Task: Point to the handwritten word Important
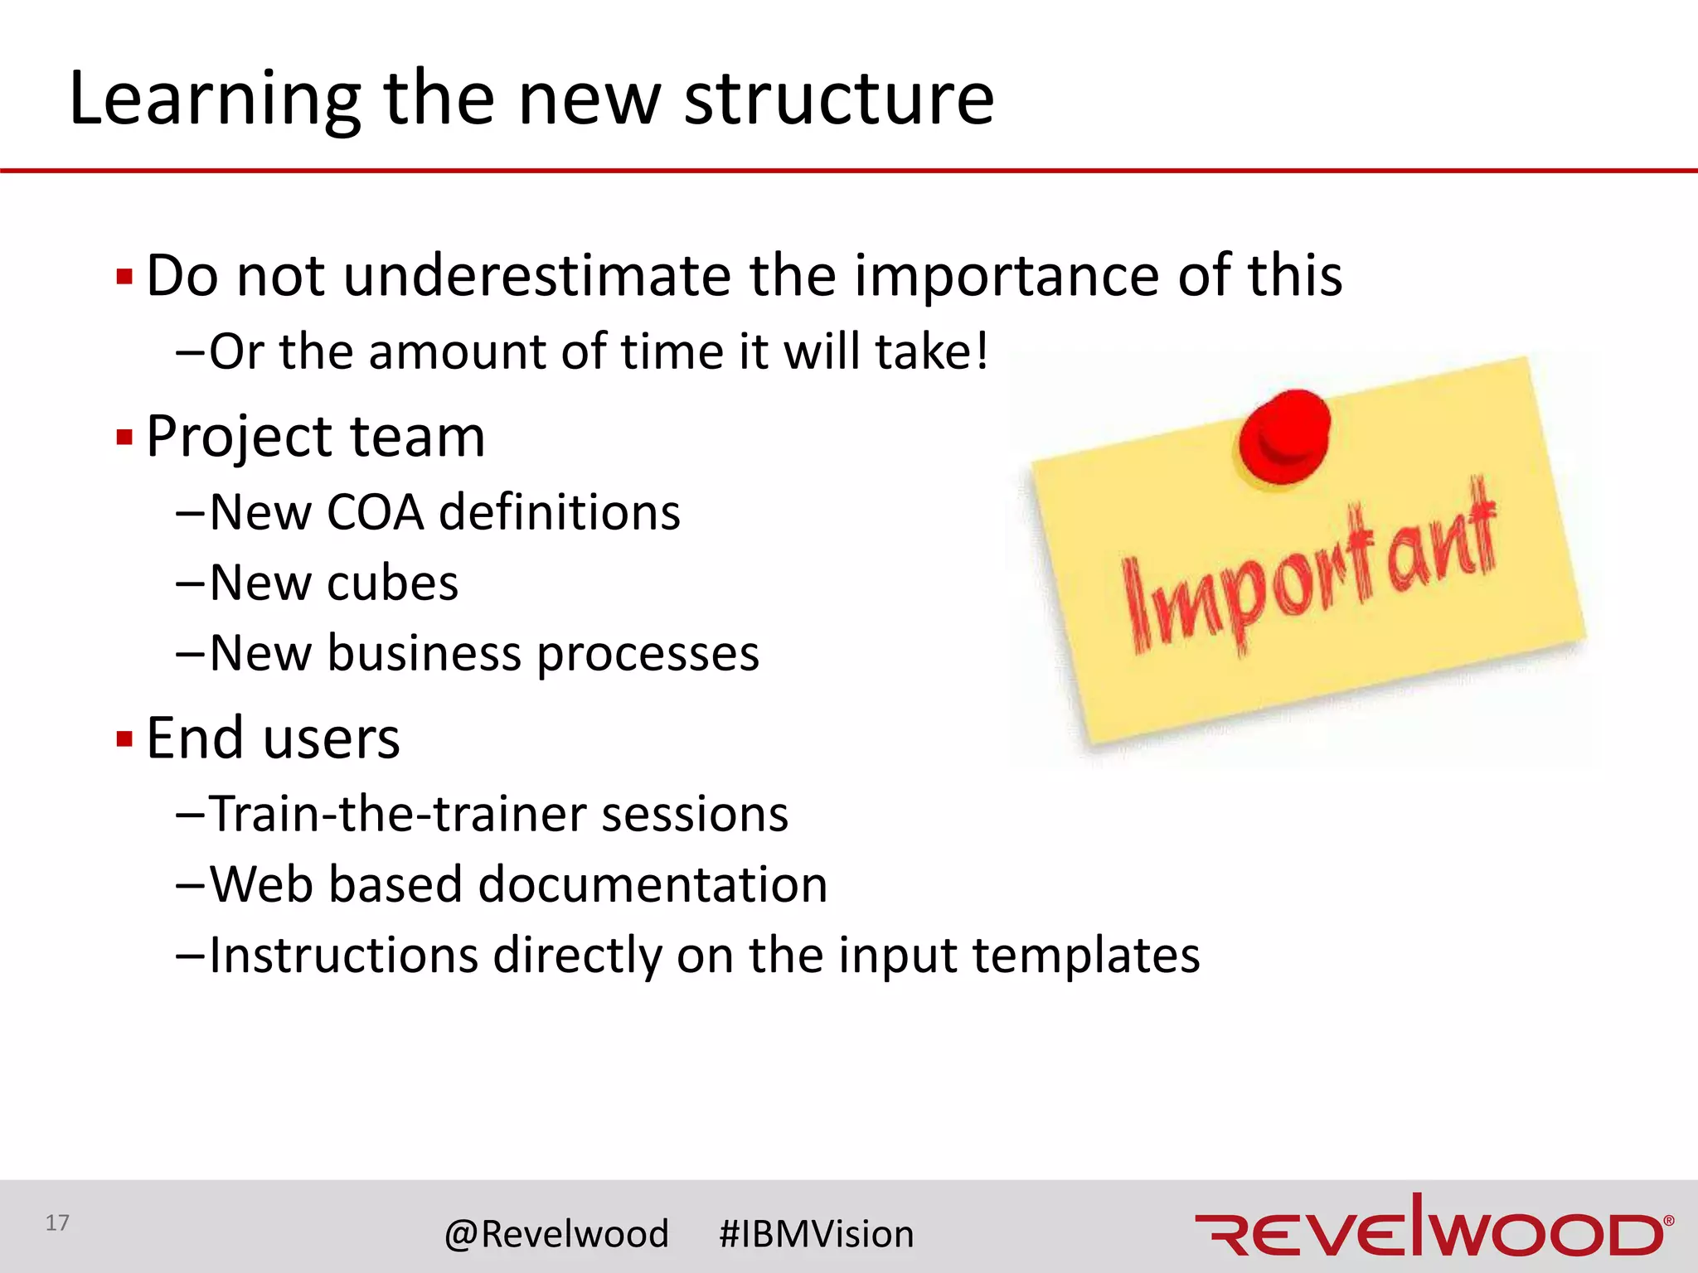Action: click(1310, 572)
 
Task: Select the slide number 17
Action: click(57, 1222)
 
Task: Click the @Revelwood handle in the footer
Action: click(556, 1234)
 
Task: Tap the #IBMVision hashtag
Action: click(817, 1234)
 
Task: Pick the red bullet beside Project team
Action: click(125, 438)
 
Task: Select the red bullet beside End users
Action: click(125, 738)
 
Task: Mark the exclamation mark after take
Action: click(982, 351)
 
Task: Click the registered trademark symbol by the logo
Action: click(1669, 1220)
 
